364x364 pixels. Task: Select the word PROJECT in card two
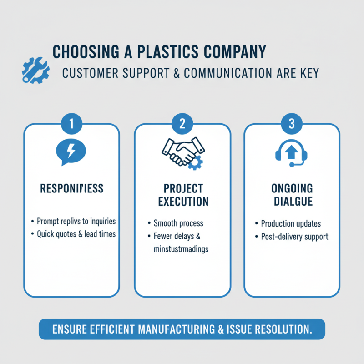coord(183,188)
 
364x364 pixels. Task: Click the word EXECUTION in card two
coord(183,201)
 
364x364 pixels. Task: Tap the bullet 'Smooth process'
coord(178,223)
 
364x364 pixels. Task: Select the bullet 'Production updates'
coord(290,223)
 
